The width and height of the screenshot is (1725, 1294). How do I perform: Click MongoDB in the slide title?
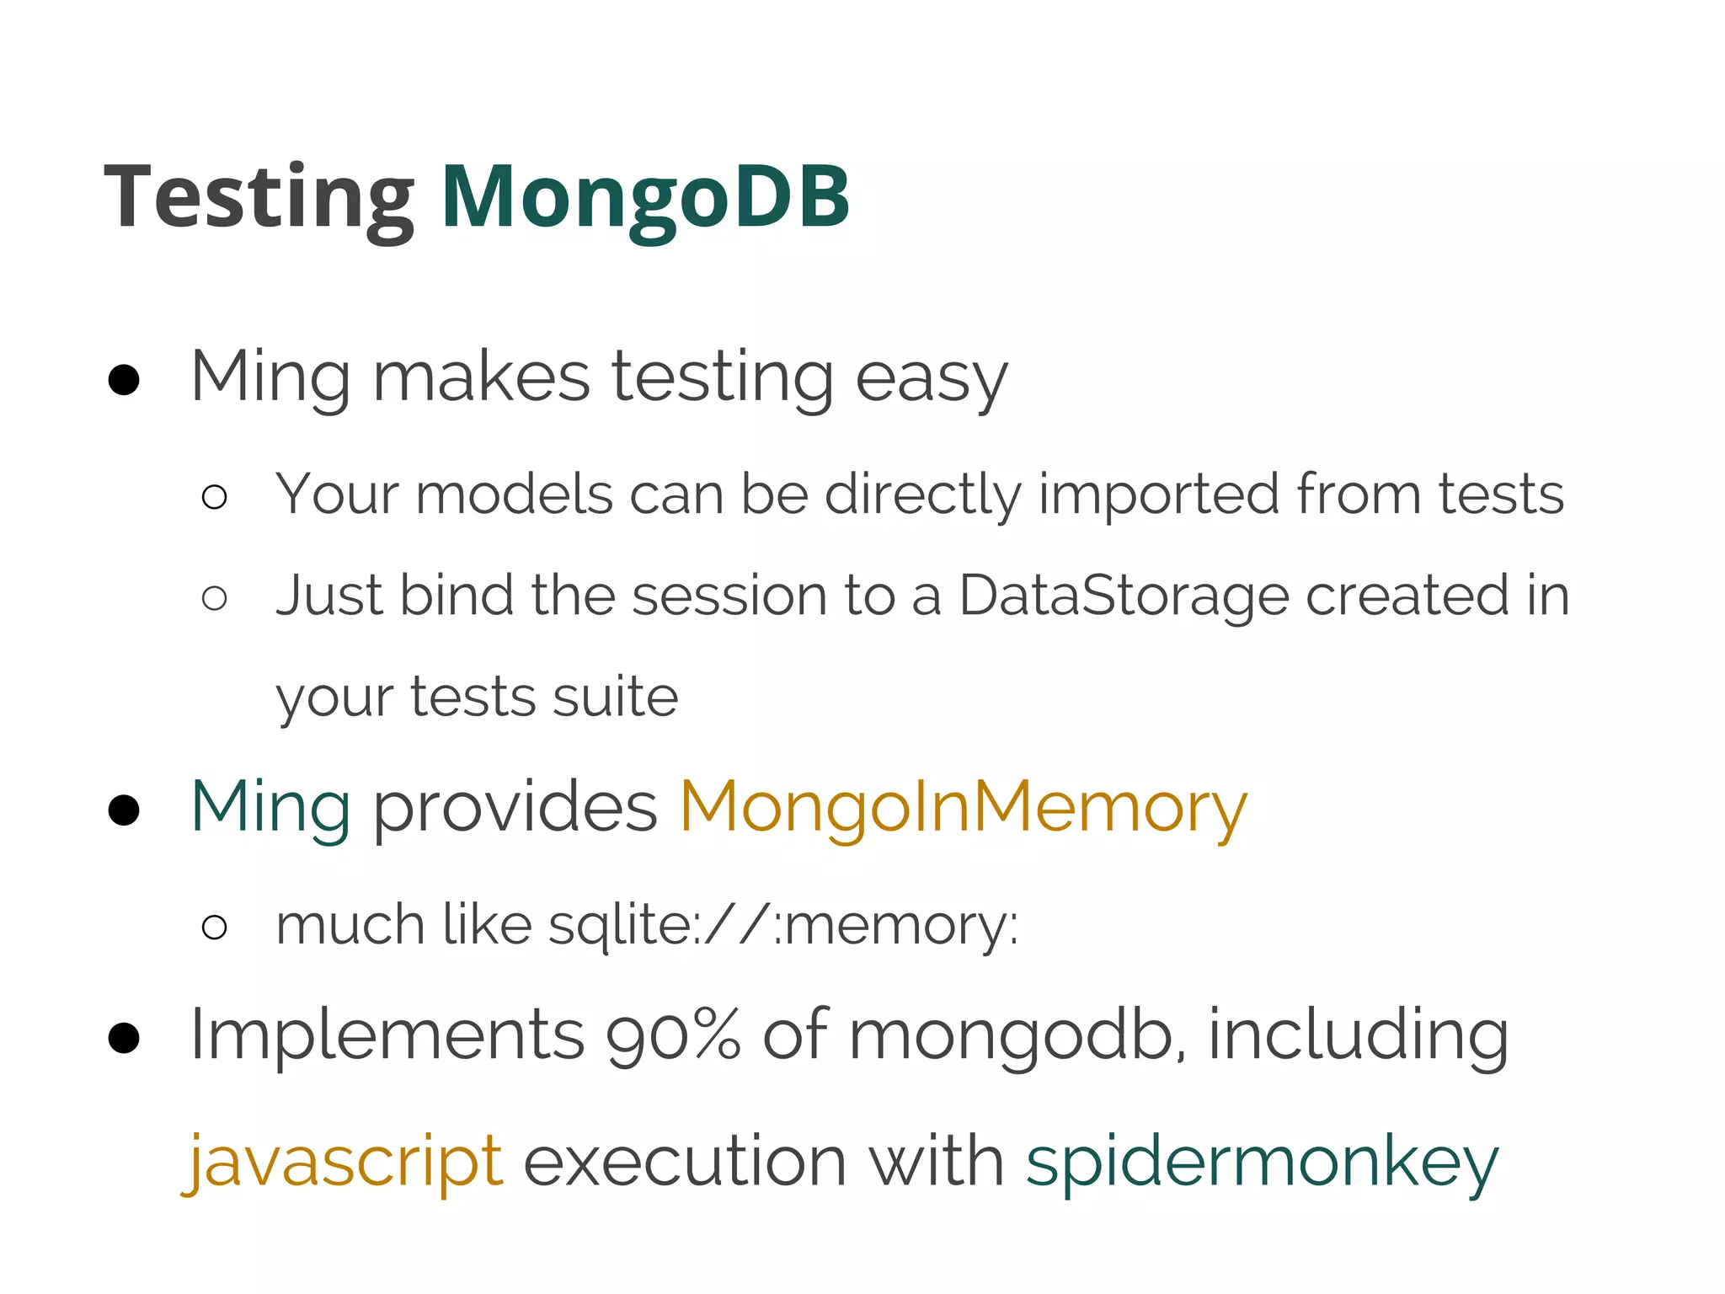pos(644,197)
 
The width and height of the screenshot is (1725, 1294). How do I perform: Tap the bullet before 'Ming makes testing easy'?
pos(124,380)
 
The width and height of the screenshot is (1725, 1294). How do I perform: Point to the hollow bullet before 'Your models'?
pos(215,497)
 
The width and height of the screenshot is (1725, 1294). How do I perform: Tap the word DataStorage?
pos(1124,595)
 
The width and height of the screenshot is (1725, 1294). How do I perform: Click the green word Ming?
pos(270,806)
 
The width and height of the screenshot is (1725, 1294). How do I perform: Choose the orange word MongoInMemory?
pos(963,806)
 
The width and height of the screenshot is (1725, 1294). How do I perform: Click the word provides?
pos(515,806)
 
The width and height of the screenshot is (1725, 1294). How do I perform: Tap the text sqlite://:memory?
pos(783,925)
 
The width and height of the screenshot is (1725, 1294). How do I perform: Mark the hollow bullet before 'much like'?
pos(215,928)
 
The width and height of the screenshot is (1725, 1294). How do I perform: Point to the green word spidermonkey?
pos(1262,1161)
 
